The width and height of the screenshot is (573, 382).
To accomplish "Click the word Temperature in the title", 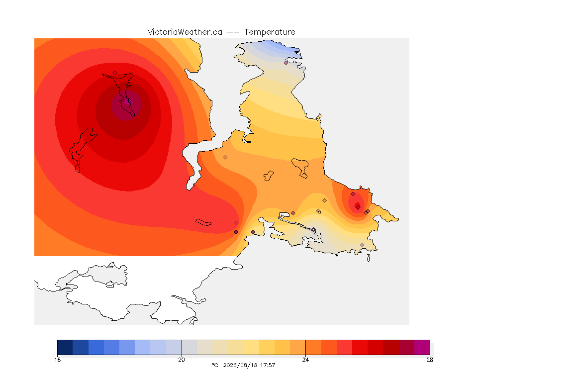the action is point(270,32).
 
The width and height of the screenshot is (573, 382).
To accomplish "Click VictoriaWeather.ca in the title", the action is point(185,32).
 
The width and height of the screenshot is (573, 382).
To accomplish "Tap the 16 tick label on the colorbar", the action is point(57,360).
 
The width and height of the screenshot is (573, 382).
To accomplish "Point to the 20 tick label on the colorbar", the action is point(182,360).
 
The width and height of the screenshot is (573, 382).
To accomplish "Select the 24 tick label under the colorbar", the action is point(305,360).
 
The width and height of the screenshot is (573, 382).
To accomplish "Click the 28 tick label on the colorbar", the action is point(430,360).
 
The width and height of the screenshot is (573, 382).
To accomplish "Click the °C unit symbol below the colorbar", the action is point(215,365).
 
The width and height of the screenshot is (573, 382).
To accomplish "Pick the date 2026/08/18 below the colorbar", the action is point(239,365).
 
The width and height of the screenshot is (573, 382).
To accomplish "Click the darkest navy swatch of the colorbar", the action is point(65,347).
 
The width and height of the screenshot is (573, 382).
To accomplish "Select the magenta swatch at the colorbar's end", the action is point(422,347).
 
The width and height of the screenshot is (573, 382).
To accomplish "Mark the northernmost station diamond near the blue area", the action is point(286,63).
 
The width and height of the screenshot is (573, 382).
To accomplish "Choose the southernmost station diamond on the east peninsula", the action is point(362,245).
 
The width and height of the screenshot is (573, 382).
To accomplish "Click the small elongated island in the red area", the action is point(203,222).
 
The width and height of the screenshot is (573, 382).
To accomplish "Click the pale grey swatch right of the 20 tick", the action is point(190,347).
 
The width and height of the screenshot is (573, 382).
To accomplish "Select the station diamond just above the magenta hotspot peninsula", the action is point(115,73).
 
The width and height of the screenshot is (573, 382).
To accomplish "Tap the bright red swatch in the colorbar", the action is point(360,347).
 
